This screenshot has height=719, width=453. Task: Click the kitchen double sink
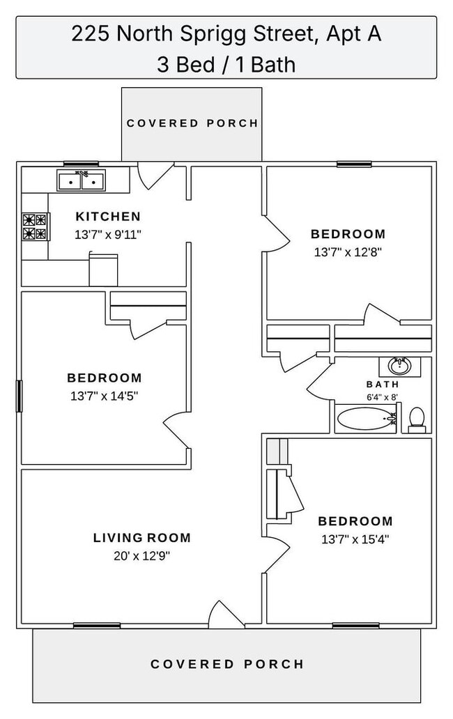(82, 181)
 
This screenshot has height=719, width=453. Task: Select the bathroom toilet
(417, 419)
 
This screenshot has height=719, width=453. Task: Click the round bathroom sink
(399, 366)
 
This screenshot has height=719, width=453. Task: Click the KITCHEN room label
(108, 217)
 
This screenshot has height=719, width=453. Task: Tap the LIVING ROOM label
(142, 538)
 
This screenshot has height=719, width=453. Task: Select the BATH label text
(383, 385)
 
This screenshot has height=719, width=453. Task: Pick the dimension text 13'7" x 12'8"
(348, 252)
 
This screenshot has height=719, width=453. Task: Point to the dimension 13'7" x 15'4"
(355, 539)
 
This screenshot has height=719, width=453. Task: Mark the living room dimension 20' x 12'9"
(142, 556)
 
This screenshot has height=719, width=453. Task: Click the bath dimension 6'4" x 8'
(383, 396)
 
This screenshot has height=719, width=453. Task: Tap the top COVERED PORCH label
(192, 123)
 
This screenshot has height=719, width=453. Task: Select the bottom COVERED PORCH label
(227, 664)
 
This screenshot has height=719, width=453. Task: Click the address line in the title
(227, 34)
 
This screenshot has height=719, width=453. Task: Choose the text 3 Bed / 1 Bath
(227, 64)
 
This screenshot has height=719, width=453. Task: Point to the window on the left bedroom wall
(20, 396)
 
